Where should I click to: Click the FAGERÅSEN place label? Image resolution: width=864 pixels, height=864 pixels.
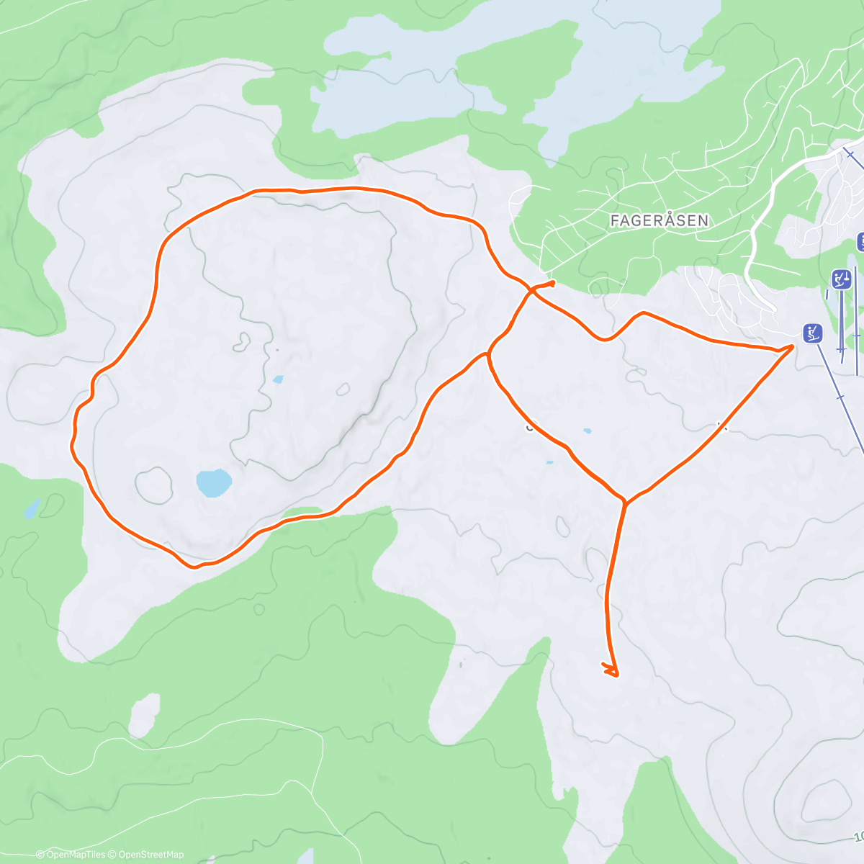(x=659, y=220)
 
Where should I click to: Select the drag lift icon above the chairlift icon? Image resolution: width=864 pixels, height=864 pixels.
(x=840, y=279)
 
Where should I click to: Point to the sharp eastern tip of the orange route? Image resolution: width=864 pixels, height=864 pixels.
(x=793, y=346)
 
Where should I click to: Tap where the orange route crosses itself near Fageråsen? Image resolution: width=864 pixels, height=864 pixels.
(x=531, y=290)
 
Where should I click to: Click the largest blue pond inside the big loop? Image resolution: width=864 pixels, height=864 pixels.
(x=214, y=482)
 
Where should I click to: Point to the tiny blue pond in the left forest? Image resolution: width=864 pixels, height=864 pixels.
(x=31, y=510)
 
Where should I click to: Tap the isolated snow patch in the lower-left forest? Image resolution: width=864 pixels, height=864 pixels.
(x=144, y=713)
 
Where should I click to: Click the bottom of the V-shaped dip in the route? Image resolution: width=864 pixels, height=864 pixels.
(x=606, y=339)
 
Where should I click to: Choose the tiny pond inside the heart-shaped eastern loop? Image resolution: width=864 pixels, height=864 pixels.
(x=588, y=431)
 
